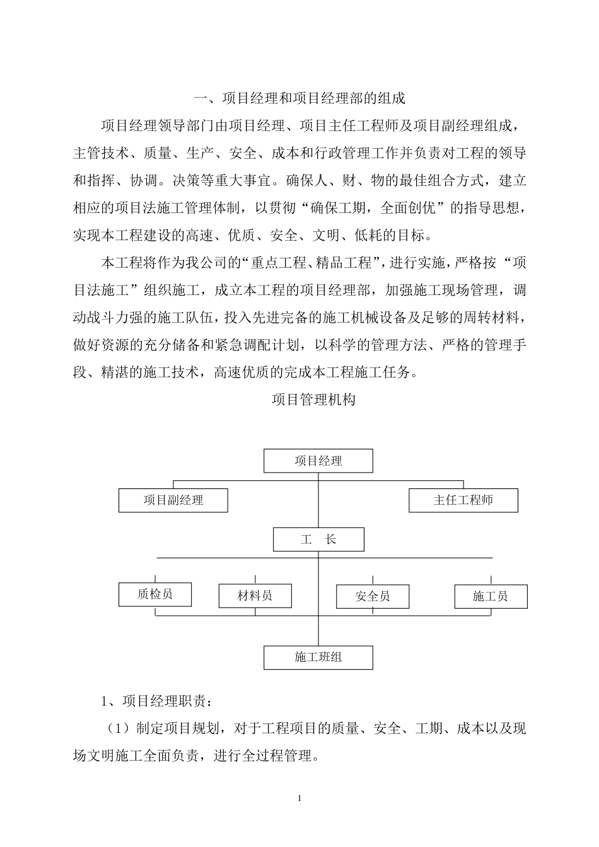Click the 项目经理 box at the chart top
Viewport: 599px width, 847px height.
[318, 461]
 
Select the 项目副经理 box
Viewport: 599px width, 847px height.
[173, 500]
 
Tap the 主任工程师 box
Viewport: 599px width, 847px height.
[463, 500]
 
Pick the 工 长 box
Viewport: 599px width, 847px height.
[318, 540]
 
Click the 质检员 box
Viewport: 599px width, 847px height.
[155, 594]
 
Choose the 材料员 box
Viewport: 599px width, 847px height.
[255, 596]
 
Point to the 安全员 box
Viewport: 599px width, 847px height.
[373, 596]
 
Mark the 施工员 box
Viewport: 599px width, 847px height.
[491, 596]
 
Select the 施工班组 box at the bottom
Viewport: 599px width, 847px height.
[318, 657]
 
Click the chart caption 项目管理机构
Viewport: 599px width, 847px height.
[313, 400]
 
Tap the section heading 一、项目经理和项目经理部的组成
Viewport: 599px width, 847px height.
[299, 98]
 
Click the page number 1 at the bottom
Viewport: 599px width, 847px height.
[299, 798]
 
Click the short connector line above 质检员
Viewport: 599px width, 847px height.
[155, 578]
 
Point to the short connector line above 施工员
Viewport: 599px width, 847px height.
[491, 580]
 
